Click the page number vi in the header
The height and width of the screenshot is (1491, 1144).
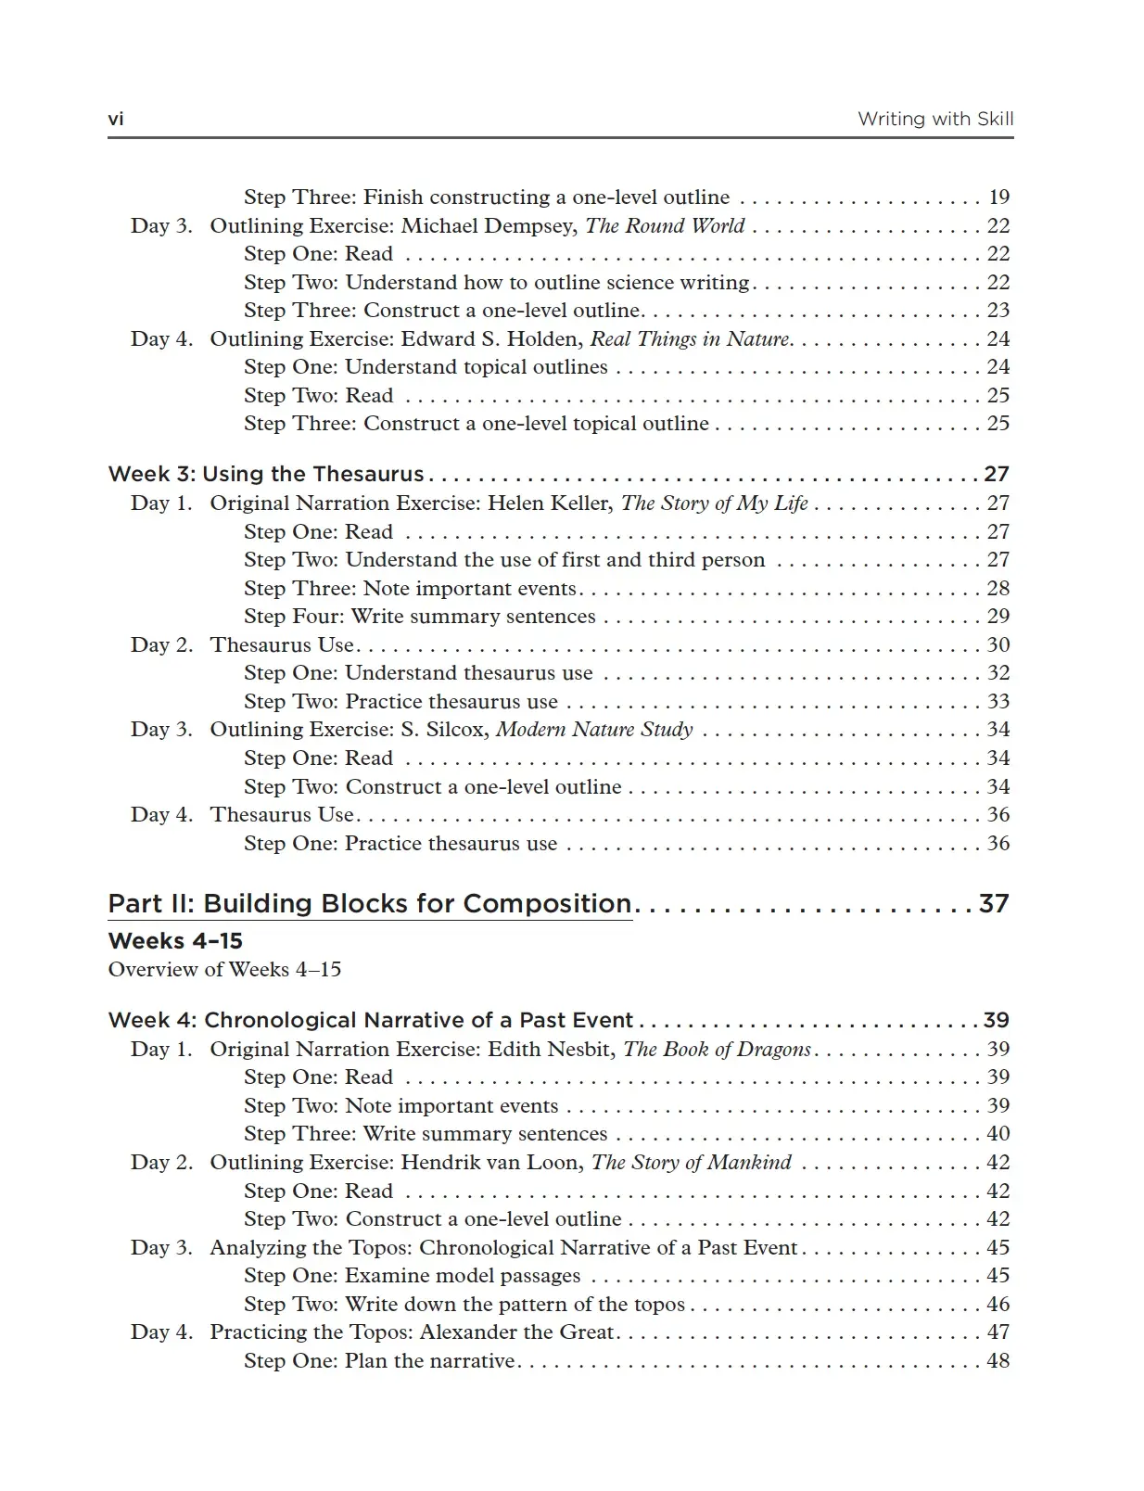coord(116,119)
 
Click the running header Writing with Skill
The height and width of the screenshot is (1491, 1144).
coord(934,119)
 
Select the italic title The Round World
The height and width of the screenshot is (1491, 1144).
coord(665,226)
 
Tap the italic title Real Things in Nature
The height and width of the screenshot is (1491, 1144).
coord(690,339)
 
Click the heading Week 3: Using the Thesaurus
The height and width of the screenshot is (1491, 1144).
coord(266,475)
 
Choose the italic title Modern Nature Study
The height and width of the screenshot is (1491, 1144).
coord(594,730)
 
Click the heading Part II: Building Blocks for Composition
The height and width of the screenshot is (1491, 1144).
coord(370,904)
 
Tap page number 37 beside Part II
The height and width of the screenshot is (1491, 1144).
coord(994,904)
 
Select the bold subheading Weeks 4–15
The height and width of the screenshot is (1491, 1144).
coord(175,941)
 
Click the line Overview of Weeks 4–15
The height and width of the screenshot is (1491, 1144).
coord(224,970)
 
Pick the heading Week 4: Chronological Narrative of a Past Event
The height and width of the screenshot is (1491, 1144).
coord(371,1021)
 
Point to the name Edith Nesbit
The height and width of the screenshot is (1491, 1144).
coord(550,1050)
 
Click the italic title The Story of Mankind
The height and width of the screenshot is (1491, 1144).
coord(692,1163)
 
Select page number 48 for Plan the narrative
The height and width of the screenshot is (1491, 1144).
coord(998,1361)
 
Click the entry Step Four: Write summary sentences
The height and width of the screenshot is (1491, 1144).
coord(420,617)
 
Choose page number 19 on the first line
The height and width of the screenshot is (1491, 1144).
coord(998,198)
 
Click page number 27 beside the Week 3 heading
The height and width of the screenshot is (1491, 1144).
coord(997,475)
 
